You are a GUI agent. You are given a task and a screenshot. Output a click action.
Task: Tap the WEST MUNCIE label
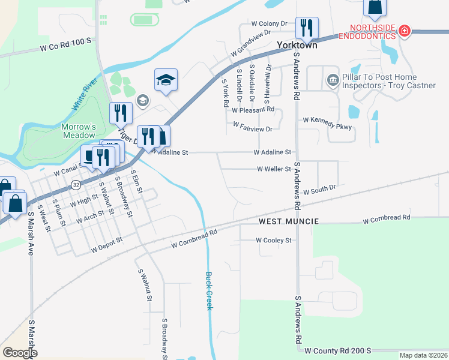284,221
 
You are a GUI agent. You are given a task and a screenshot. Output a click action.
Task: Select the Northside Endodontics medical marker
405,31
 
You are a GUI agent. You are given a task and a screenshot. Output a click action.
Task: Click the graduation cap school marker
166,80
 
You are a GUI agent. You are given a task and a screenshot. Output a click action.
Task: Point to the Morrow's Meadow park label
79,131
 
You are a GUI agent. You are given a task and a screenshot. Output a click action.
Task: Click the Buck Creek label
209,291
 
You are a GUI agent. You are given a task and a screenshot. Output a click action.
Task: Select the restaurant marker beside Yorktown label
306,28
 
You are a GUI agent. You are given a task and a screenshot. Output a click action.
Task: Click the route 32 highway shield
75,185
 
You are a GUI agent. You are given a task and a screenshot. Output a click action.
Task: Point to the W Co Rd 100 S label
65,43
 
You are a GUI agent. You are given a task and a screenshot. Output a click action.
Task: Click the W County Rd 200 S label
338,350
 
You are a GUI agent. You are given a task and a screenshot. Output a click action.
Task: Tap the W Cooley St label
273,240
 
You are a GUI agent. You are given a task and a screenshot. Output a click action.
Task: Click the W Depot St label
106,244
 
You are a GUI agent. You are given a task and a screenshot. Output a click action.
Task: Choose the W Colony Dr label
270,24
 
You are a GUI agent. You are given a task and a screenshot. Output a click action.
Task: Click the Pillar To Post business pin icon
332,80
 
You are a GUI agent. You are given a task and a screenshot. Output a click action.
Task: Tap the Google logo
20,353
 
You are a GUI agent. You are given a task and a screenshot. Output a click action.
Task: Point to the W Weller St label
274,169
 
